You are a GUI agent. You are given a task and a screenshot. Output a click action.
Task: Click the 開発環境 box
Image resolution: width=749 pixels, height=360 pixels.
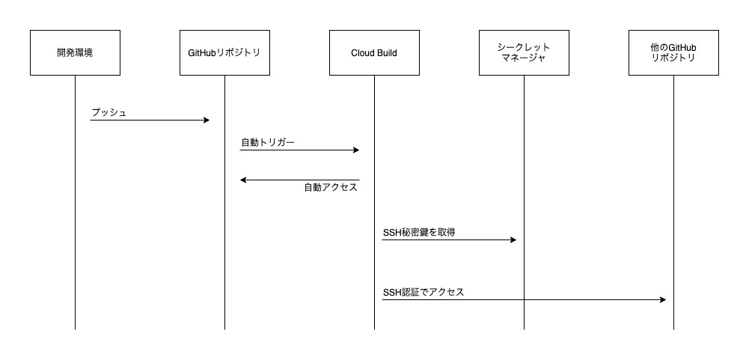click(x=75, y=52)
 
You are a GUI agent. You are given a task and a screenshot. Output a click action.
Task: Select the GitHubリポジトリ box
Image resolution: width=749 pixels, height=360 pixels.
click(x=224, y=52)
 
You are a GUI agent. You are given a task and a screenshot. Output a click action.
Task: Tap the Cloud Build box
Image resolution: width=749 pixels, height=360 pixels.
click(x=374, y=52)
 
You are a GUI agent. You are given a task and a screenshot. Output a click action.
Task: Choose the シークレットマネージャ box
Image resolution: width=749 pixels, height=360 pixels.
click(x=524, y=52)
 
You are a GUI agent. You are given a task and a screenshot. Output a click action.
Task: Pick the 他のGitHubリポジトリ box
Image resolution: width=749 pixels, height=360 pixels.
click(x=673, y=52)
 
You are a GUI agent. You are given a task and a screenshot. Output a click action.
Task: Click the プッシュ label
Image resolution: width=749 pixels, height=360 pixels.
click(x=109, y=112)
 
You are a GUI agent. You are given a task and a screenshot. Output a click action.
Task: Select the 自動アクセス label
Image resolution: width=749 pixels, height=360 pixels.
click(x=331, y=188)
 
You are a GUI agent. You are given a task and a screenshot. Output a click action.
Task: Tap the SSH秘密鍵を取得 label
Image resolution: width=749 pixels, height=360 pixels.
click(x=419, y=233)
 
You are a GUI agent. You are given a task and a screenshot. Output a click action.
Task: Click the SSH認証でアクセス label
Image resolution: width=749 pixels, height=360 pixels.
click(x=424, y=293)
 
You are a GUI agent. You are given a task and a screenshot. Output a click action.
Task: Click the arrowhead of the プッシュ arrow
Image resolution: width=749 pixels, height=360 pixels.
click(x=206, y=120)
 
